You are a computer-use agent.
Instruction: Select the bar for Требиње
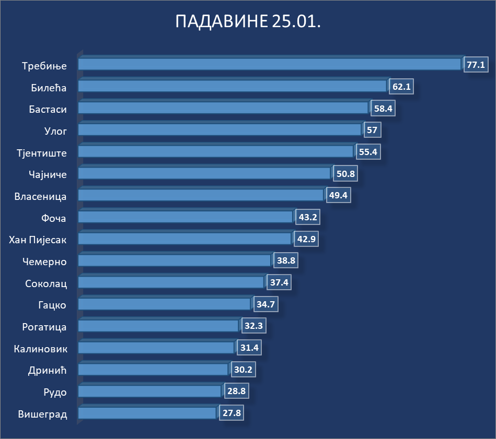[269, 64]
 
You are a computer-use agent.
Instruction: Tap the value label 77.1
[476, 65]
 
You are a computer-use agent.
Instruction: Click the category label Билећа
[49, 88]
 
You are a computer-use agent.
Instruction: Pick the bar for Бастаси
[223, 108]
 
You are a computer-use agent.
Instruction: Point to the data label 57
[372, 130]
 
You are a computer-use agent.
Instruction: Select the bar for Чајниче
[204, 173]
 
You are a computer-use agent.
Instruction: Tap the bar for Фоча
[186, 217]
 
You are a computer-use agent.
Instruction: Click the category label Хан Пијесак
[38, 240]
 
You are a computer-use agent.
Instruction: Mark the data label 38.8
[285, 261]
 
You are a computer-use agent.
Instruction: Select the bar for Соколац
[171, 282]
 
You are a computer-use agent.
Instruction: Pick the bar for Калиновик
[156, 348]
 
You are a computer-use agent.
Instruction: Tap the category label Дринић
[48, 371]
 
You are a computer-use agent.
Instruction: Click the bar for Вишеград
[147, 413]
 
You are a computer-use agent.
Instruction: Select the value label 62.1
[401, 87]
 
